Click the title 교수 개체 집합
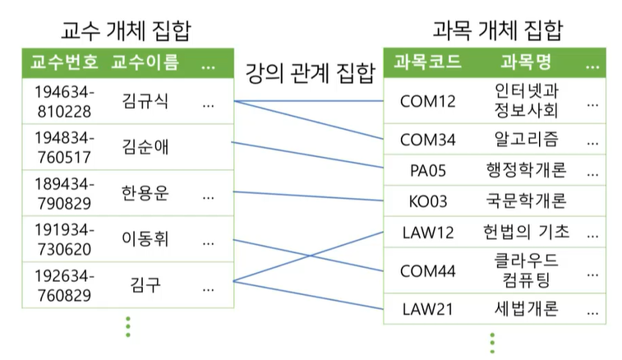click(127, 31)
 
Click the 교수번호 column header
click(64, 62)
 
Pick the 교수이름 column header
click(145, 62)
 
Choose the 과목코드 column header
click(427, 62)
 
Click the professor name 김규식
click(145, 102)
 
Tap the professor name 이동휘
click(145, 240)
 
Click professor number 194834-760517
click(57, 148)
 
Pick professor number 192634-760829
click(57, 286)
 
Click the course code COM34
click(427, 140)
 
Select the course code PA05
click(427, 171)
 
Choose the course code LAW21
click(427, 309)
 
